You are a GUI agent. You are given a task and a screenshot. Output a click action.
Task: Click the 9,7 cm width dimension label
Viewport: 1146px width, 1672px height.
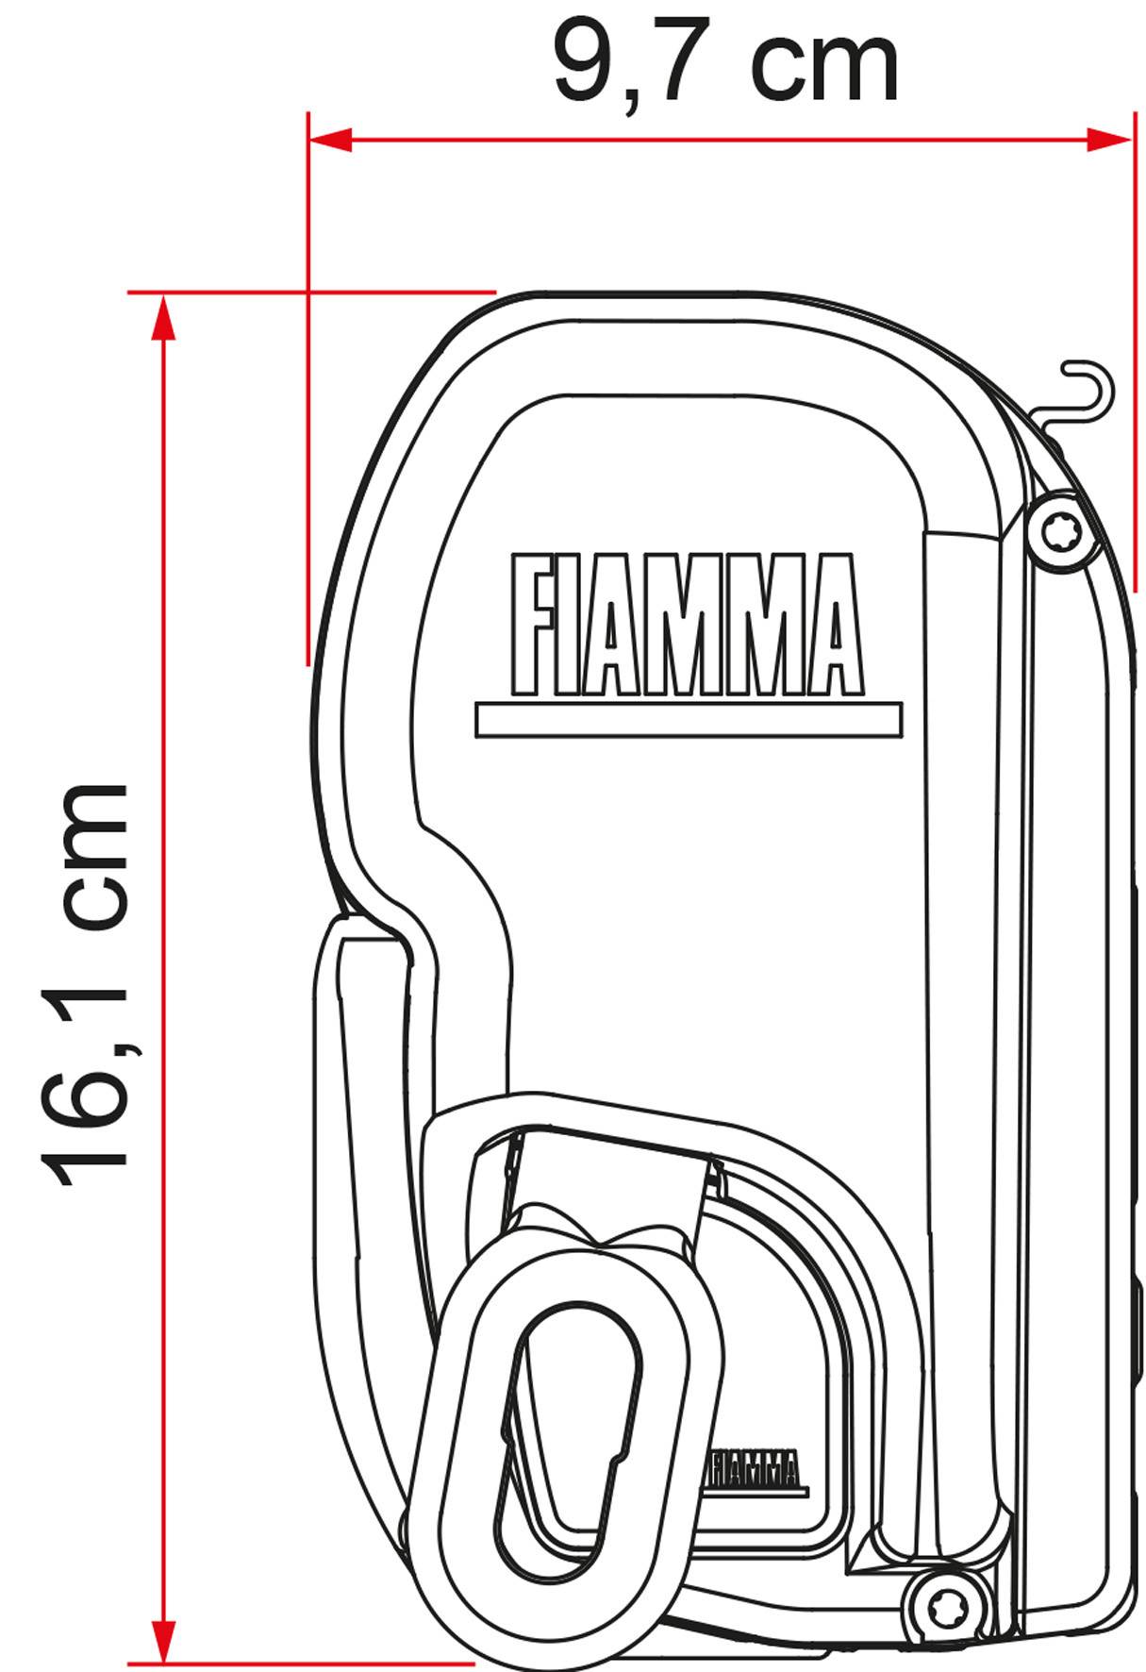click(725, 63)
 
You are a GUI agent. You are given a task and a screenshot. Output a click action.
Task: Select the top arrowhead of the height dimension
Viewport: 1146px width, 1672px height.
click(164, 316)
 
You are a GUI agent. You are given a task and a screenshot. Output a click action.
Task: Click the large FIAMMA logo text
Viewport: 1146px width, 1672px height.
click(686, 625)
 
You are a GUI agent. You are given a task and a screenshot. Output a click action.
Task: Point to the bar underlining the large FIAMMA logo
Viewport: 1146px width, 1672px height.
click(689, 719)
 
